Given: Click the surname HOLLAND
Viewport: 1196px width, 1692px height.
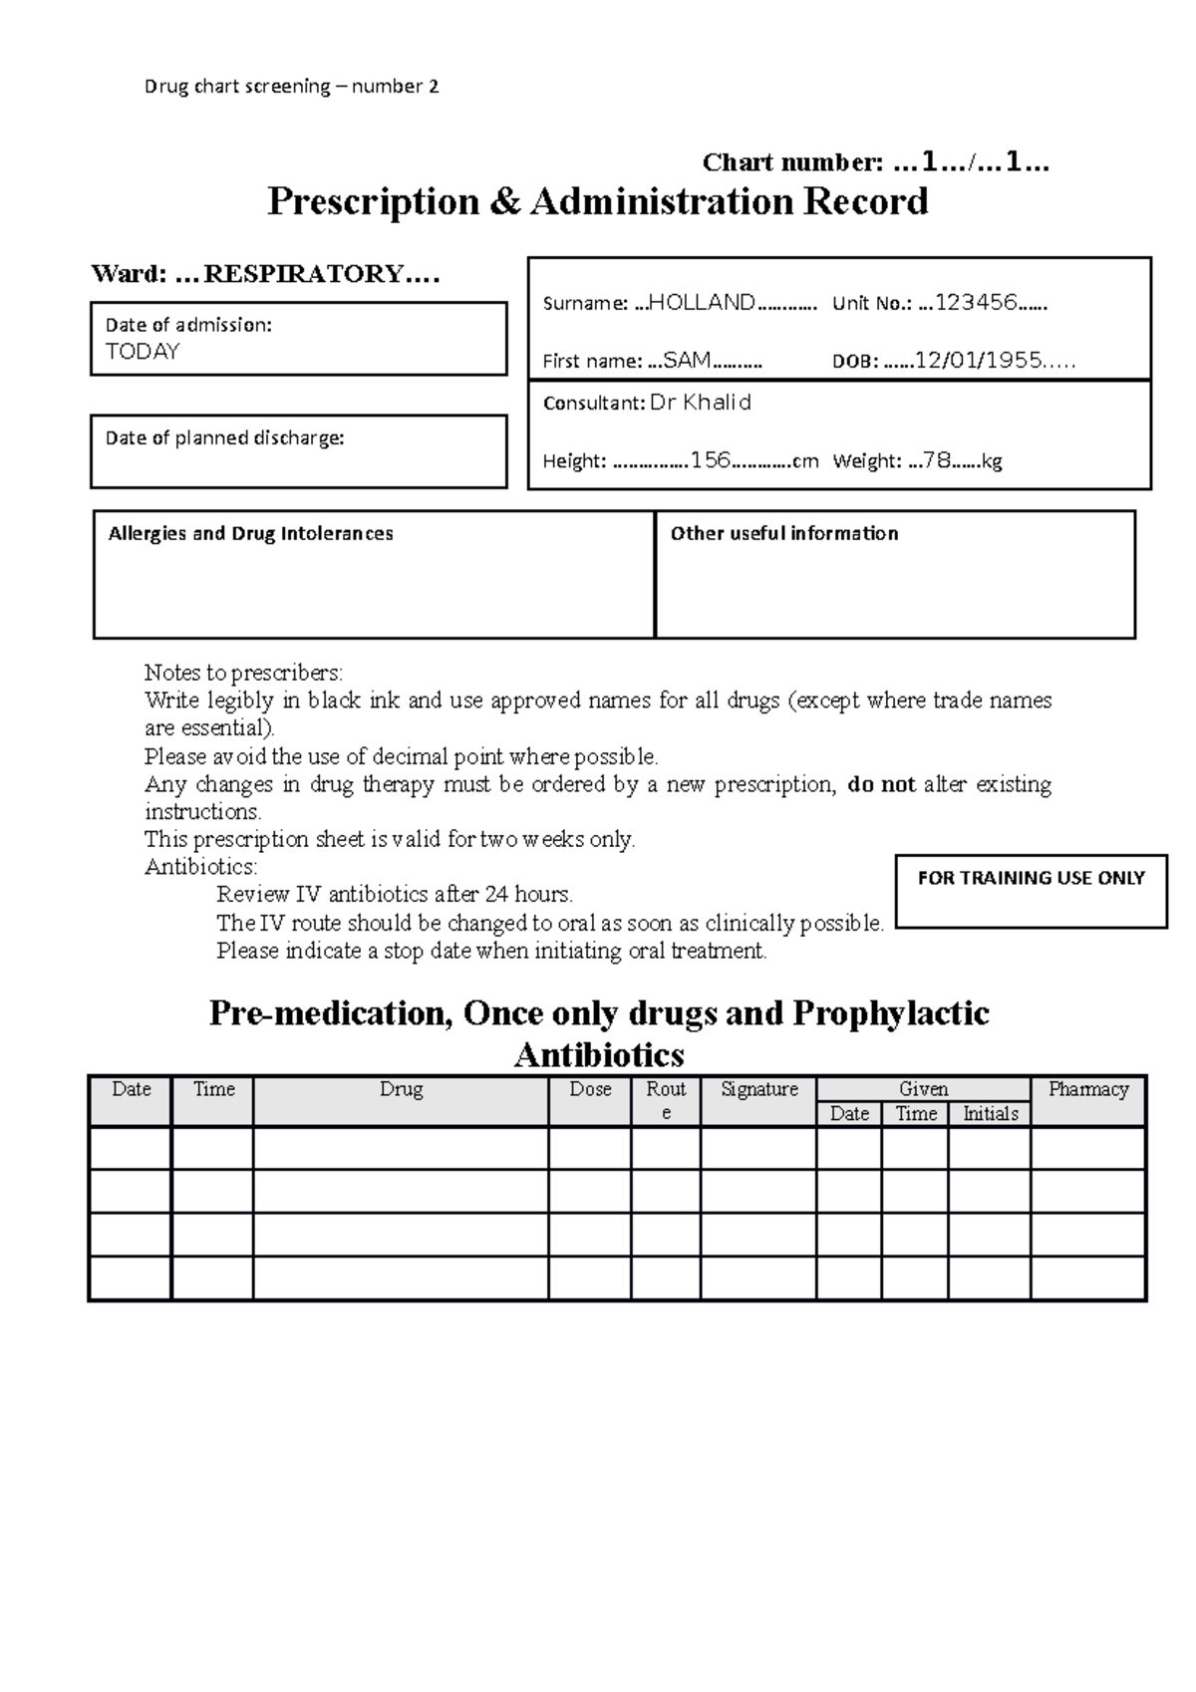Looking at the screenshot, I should pyautogui.click(x=702, y=303).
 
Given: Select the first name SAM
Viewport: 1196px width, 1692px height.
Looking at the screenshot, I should pyautogui.click(x=687, y=361).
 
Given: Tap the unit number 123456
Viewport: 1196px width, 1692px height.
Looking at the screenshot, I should pyautogui.click(x=976, y=303).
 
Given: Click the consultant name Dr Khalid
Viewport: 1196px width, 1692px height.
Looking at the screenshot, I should pyautogui.click(x=701, y=403).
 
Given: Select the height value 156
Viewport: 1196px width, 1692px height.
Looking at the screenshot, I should pyautogui.click(x=711, y=460).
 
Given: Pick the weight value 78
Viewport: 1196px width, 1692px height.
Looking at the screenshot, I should pyautogui.click(x=937, y=460).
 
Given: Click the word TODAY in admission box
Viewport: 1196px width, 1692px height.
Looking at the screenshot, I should pyautogui.click(x=143, y=352).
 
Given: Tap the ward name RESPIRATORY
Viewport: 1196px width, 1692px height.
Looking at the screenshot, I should pyautogui.click(x=303, y=274).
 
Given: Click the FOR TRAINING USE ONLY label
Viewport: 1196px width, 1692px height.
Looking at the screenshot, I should pyautogui.click(x=1031, y=878).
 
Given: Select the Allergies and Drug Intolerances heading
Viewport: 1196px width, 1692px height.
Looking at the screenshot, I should pyautogui.click(x=250, y=534).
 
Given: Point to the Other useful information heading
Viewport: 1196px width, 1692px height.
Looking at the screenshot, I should pyautogui.click(x=784, y=534).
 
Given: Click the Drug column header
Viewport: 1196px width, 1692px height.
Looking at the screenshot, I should pyautogui.click(x=401, y=1089).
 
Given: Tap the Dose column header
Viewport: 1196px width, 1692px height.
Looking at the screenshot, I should pyautogui.click(x=590, y=1089).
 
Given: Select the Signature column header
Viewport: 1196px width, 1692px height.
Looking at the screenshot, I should pyautogui.click(x=759, y=1089).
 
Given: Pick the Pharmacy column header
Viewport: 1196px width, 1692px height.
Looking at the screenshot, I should pyautogui.click(x=1087, y=1089).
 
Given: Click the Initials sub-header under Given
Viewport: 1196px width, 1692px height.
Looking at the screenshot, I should pyautogui.click(x=990, y=1114).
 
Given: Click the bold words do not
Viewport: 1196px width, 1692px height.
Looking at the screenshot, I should pyautogui.click(x=881, y=784).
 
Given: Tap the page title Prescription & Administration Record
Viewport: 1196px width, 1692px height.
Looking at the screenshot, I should pyautogui.click(x=598, y=201).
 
